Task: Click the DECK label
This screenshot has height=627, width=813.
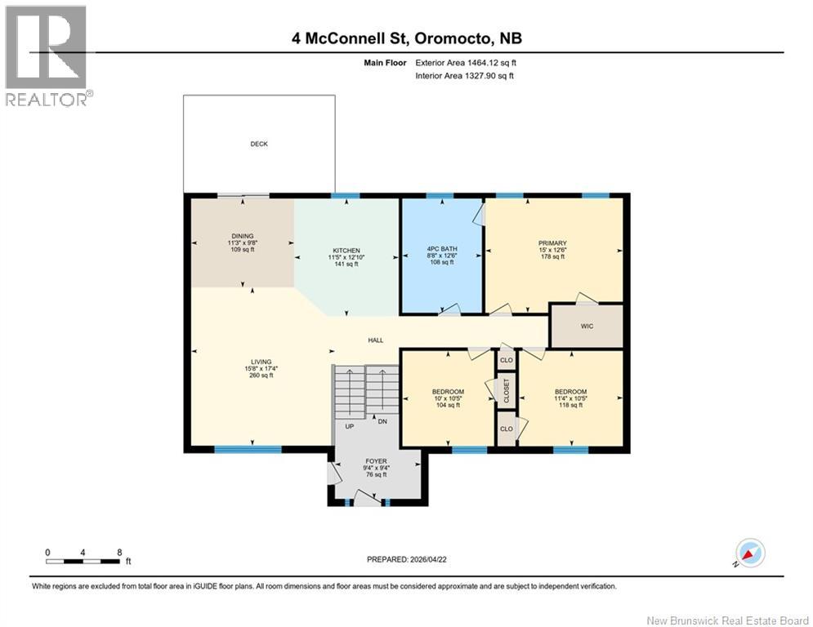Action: click(x=259, y=145)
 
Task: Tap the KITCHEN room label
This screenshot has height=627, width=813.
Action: click(x=346, y=251)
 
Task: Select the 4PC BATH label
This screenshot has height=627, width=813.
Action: click(x=441, y=248)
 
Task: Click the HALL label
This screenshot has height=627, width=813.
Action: click(x=375, y=340)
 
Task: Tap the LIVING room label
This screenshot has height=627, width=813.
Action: click(x=261, y=362)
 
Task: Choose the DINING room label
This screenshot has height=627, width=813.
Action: click(x=243, y=237)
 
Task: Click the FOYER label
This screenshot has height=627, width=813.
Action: click(x=377, y=461)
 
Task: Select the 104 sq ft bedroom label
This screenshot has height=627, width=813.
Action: click(x=448, y=392)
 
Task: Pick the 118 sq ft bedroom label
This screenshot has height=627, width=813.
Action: click(x=570, y=392)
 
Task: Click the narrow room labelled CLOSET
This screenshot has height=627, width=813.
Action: click(x=507, y=389)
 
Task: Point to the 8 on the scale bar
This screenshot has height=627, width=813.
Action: click(x=119, y=552)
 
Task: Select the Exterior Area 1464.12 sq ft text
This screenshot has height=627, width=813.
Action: click(x=466, y=62)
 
